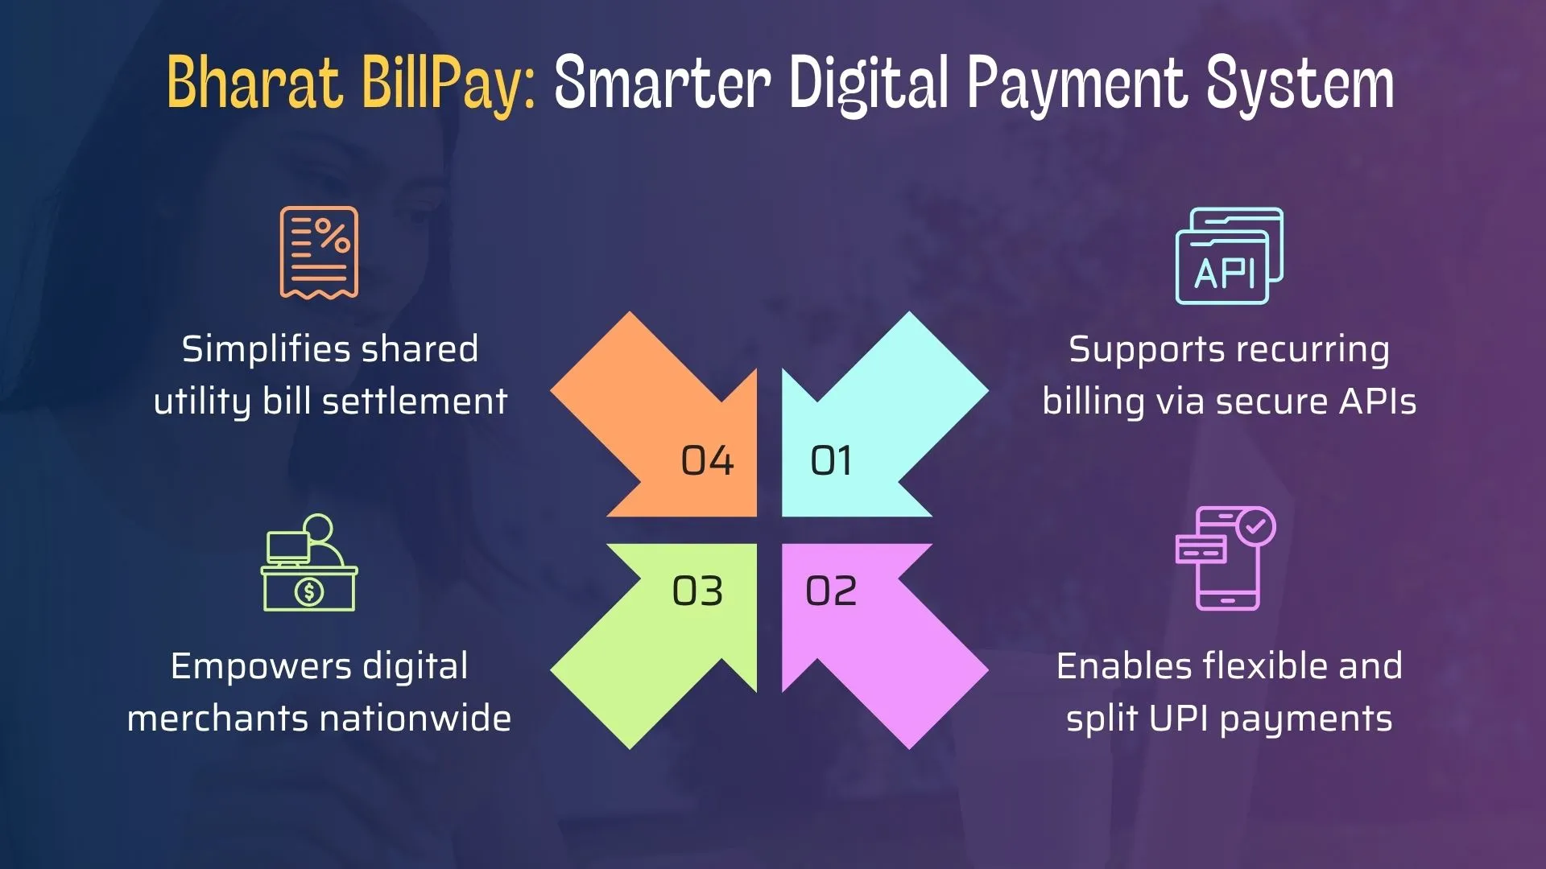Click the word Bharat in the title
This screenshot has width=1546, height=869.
pyautogui.click(x=254, y=83)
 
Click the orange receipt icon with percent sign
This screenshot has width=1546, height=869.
pyautogui.click(x=319, y=252)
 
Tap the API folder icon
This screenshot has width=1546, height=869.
pyautogui.click(x=1229, y=256)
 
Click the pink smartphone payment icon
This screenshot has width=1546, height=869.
pyautogui.click(x=1225, y=558)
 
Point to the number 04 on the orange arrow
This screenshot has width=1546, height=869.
pyautogui.click(x=707, y=461)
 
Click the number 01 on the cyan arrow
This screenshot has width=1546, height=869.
pyautogui.click(x=831, y=461)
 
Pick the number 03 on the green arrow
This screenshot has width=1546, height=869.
pyautogui.click(x=697, y=591)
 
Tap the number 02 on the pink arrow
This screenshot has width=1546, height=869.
pyautogui.click(x=831, y=591)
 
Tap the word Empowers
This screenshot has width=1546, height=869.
pyautogui.click(x=261, y=667)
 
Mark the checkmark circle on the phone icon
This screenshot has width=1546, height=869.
pyautogui.click(x=1255, y=527)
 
